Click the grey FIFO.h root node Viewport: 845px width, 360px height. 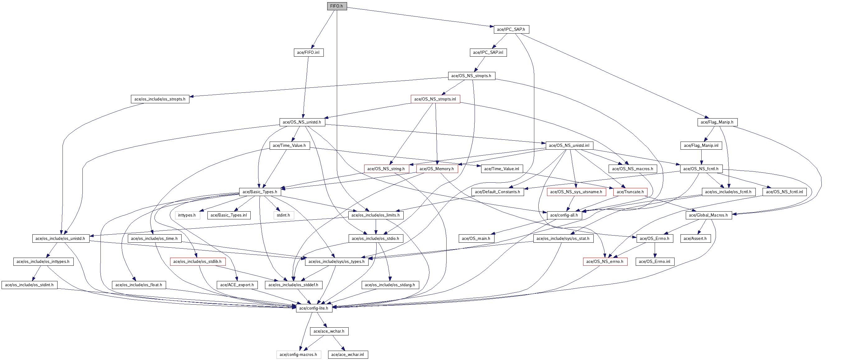tap(337, 6)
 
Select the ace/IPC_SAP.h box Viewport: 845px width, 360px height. tap(511, 30)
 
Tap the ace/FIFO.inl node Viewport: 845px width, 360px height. tap(308, 53)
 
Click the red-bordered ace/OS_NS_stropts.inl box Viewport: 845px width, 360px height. tap(435, 99)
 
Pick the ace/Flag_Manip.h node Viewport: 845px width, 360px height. tap(717, 122)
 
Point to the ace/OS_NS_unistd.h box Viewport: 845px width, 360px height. tap(302, 122)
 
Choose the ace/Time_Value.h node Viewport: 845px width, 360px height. tap(289, 146)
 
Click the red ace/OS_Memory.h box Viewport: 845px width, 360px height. tap(437, 169)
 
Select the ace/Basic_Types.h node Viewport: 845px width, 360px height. tap(260, 192)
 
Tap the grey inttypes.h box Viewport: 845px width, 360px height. tap(187, 215)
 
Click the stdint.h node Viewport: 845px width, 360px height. tap(283, 215)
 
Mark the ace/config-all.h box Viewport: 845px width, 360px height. tap(564, 215)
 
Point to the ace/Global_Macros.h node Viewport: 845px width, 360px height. tap(708, 215)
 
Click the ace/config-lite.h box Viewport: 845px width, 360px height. tap(314, 308)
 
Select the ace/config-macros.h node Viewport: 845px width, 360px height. tap(298, 355)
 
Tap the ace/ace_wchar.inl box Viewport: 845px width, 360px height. tap(348, 355)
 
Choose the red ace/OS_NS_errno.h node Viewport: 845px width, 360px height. tap(605, 262)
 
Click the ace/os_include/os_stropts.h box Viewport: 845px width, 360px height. tap(160, 99)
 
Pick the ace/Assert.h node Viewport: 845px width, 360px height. tap(695, 239)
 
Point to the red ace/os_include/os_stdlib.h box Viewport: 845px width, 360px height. tap(197, 262)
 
